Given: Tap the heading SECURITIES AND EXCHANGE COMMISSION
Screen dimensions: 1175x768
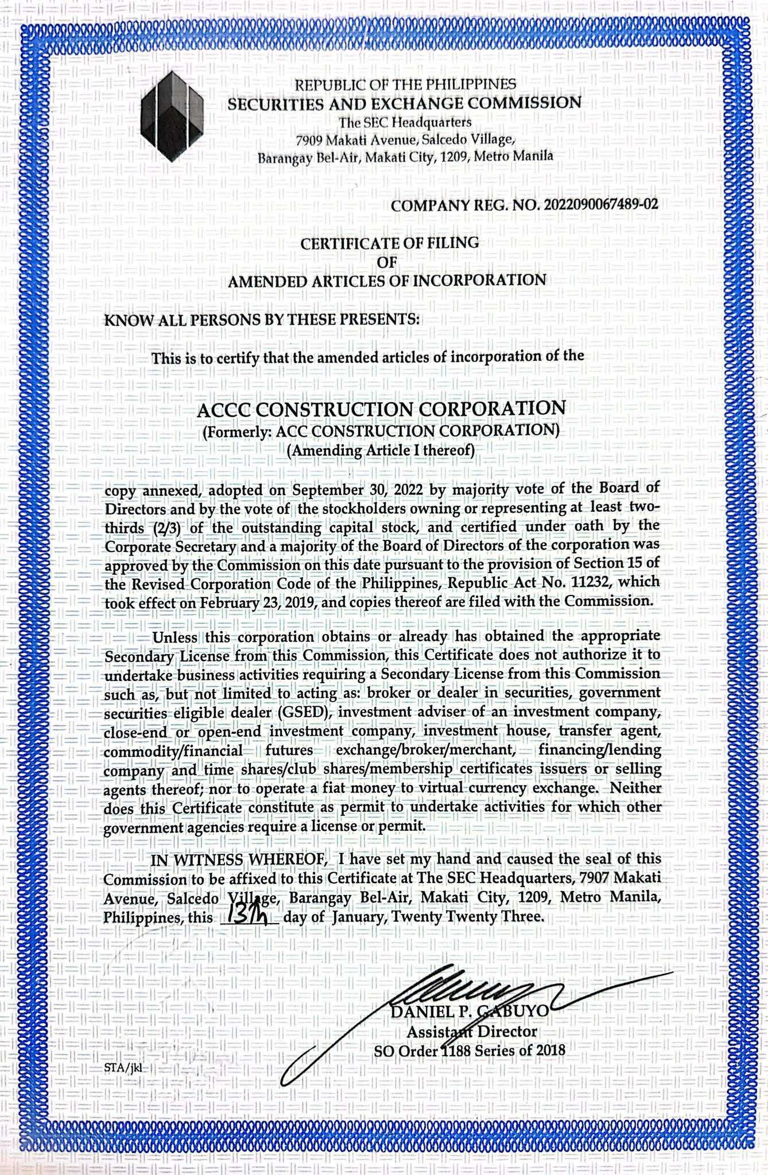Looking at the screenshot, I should (404, 103).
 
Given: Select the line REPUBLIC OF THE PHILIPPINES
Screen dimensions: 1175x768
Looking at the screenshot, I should (405, 85).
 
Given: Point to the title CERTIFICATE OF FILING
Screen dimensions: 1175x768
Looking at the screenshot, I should (390, 243).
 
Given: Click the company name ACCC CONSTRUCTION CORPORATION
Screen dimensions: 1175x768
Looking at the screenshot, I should (381, 408).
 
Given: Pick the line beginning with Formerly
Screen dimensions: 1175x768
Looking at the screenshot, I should (381, 430).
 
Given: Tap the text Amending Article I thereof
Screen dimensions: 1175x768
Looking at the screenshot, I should (381, 450).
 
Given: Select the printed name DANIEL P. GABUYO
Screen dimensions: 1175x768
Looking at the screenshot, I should (469, 1011).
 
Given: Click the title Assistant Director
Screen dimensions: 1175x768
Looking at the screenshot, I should (472, 1031).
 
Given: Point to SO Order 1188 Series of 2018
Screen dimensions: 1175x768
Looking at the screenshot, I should (470, 1051).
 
